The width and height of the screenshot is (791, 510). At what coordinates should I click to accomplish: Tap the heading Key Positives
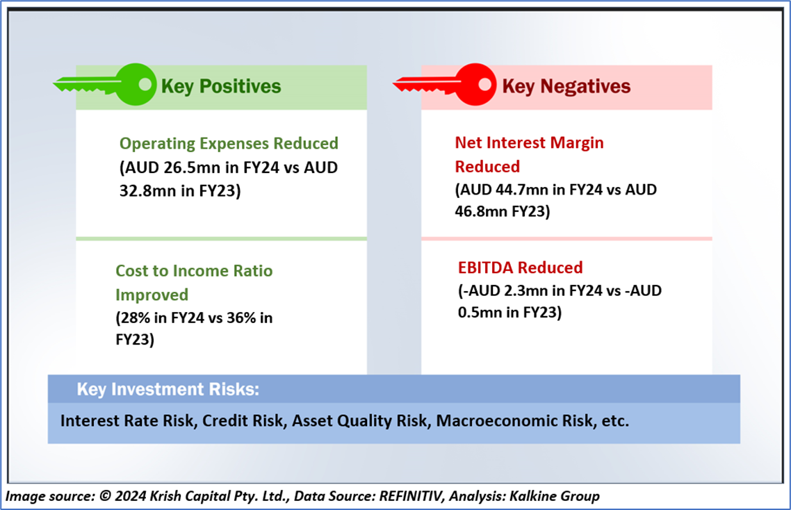[x=221, y=86]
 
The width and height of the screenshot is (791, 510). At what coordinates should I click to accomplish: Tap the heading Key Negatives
[x=566, y=86]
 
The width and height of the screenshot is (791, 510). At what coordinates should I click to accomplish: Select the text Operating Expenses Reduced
[x=229, y=143]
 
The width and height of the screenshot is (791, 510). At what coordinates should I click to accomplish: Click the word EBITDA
[x=486, y=268]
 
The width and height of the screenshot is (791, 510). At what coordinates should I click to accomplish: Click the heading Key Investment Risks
[x=168, y=389]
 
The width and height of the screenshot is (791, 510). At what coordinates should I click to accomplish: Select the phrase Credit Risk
[x=243, y=420]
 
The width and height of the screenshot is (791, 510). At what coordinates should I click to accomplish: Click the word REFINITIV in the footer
[x=411, y=496]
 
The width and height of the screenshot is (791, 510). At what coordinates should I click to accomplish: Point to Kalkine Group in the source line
[x=555, y=496]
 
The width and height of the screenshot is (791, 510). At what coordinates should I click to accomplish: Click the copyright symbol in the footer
[x=105, y=496]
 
